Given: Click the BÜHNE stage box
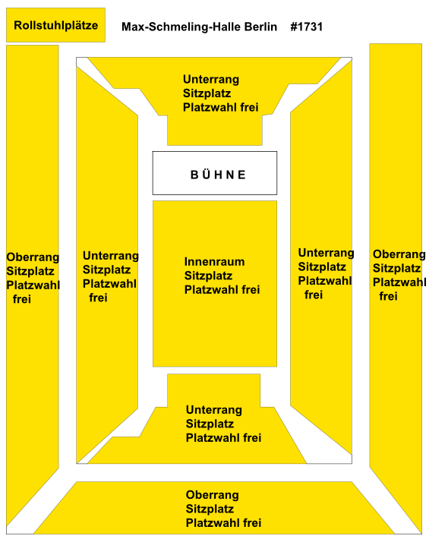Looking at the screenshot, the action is pos(215,173).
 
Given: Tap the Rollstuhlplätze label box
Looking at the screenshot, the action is pos(55,25).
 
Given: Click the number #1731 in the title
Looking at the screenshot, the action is pos(307,27).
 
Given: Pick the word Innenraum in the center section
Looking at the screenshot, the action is pos(214,262).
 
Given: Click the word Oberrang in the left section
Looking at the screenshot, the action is pos(33,257).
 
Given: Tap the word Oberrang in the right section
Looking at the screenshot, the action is pos(399,254).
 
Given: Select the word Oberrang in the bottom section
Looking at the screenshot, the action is pos(213,495).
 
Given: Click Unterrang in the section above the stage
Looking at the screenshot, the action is pos(211,80).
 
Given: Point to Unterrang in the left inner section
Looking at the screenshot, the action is pos(111,256).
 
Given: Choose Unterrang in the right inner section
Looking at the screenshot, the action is pos(326,253).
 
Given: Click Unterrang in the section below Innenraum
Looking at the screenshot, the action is pos(214,410).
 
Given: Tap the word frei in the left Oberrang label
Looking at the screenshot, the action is pos(22,299).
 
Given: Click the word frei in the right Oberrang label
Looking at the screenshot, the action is pos(389,296).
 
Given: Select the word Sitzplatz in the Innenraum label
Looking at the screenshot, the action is pos(208,276).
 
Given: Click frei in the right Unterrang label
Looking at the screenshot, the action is pos(314,295).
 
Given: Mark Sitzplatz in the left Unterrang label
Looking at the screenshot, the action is pos(106,269).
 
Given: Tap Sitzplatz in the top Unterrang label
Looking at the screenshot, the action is pos(207,93).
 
